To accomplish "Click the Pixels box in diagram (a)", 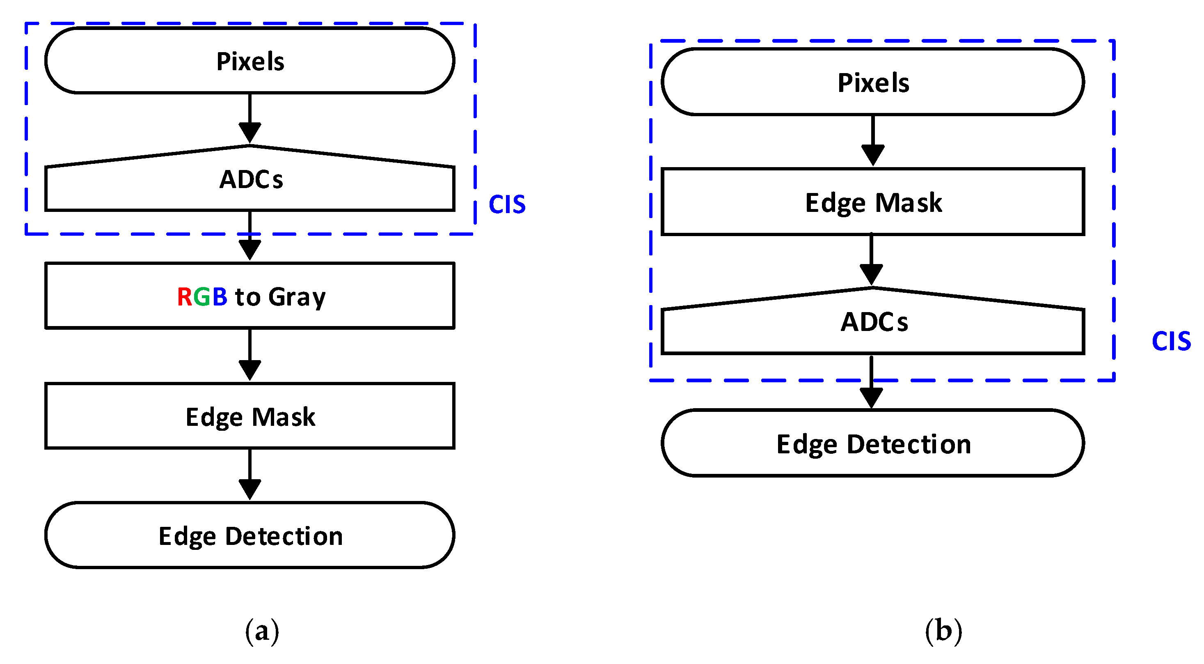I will [x=249, y=61].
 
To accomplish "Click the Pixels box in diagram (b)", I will [x=872, y=82].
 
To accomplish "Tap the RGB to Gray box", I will [x=249, y=296].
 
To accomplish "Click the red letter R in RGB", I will [x=184, y=297].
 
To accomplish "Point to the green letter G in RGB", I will [x=202, y=297].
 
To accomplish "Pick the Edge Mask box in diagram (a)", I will [x=249, y=416].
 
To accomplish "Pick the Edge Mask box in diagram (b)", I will [x=872, y=202].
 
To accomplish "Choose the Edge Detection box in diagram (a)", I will [x=249, y=535].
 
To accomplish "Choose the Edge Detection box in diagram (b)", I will [x=872, y=443].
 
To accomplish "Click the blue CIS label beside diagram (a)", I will [x=507, y=205].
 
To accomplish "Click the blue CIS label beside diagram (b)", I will [x=1170, y=341].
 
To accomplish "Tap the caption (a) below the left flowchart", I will [x=262, y=631].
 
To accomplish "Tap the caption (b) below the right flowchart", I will [x=943, y=631].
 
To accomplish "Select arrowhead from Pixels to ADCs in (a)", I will [x=249, y=132].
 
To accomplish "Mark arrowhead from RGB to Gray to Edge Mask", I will [x=249, y=370].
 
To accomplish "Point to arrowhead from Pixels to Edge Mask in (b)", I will [x=872, y=155].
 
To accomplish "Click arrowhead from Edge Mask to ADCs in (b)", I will [x=871, y=274].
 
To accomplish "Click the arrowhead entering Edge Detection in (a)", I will [x=249, y=489].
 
